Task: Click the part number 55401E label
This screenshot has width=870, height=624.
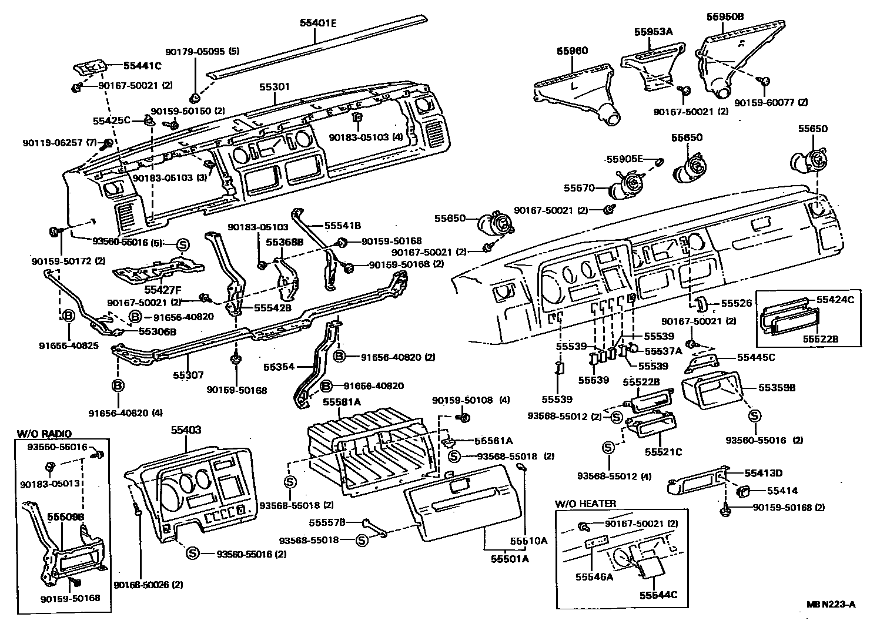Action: click(x=319, y=24)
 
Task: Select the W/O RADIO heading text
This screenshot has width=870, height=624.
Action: click(x=44, y=434)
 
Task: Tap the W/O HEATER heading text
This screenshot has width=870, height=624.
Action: click(x=585, y=504)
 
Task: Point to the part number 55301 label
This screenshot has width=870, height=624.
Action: click(x=275, y=87)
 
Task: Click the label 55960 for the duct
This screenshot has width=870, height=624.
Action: click(x=572, y=51)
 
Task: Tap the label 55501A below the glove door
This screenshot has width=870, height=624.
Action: click(x=510, y=559)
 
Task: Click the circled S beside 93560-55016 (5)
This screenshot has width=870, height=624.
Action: click(x=182, y=244)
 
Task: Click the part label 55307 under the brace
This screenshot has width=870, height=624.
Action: click(x=188, y=374)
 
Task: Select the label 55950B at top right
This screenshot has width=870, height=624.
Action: click(x=725, y=17)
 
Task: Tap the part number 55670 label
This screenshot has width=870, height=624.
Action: click(x=580, y=188)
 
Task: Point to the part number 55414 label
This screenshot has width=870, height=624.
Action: click(x=782, y=490)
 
